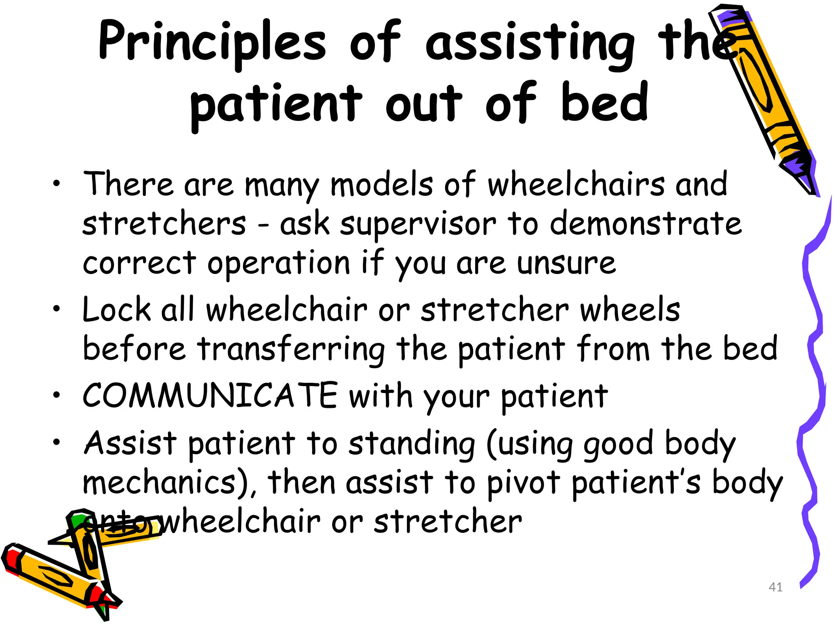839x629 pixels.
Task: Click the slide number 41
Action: [x=776, y=587]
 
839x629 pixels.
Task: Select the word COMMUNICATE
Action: [x=210, y=396]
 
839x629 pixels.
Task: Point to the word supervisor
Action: [x=418, y=224]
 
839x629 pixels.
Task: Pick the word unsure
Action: [x=566, y=263]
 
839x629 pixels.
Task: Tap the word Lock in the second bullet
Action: [x=117, y=310]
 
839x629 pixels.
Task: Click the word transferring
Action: [x=291, y=349]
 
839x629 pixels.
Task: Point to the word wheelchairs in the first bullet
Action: [x=576, y=184]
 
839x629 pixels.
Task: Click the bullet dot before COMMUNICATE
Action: [x=57, y=395]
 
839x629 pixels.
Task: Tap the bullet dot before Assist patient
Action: [x=57, y=442]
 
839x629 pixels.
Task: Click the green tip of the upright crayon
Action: [x=78, y=520]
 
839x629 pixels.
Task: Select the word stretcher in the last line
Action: [x=448, y=522]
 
